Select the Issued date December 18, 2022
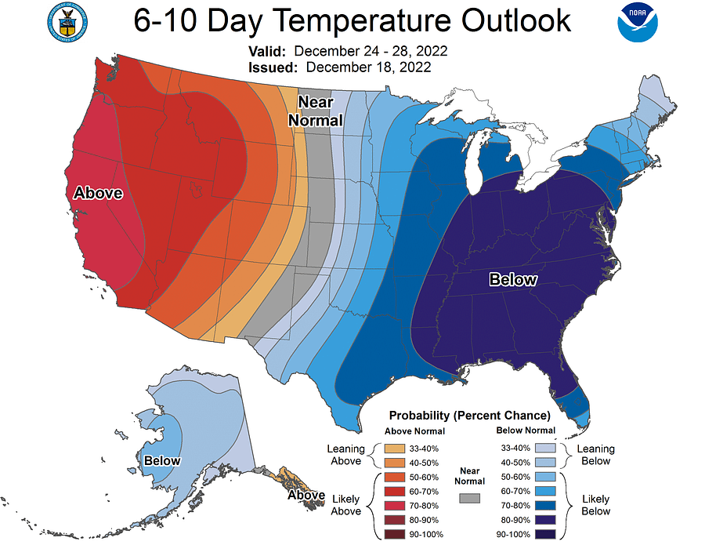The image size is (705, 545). [x=368, y=67]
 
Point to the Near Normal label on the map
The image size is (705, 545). [x=316, y=111]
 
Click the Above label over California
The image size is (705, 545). [x=98, y=193]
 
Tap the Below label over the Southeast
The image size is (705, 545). [x=513, y=280]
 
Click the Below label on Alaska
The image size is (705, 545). [x=161, y=461]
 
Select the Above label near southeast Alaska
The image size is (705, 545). [x=305, y=496]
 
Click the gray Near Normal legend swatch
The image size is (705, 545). [x=470, y=499]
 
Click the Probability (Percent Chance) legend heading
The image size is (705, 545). [x=470, y=415]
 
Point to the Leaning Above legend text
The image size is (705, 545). [x=345, y=455]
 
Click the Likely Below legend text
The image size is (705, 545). [x=596, y=505]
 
